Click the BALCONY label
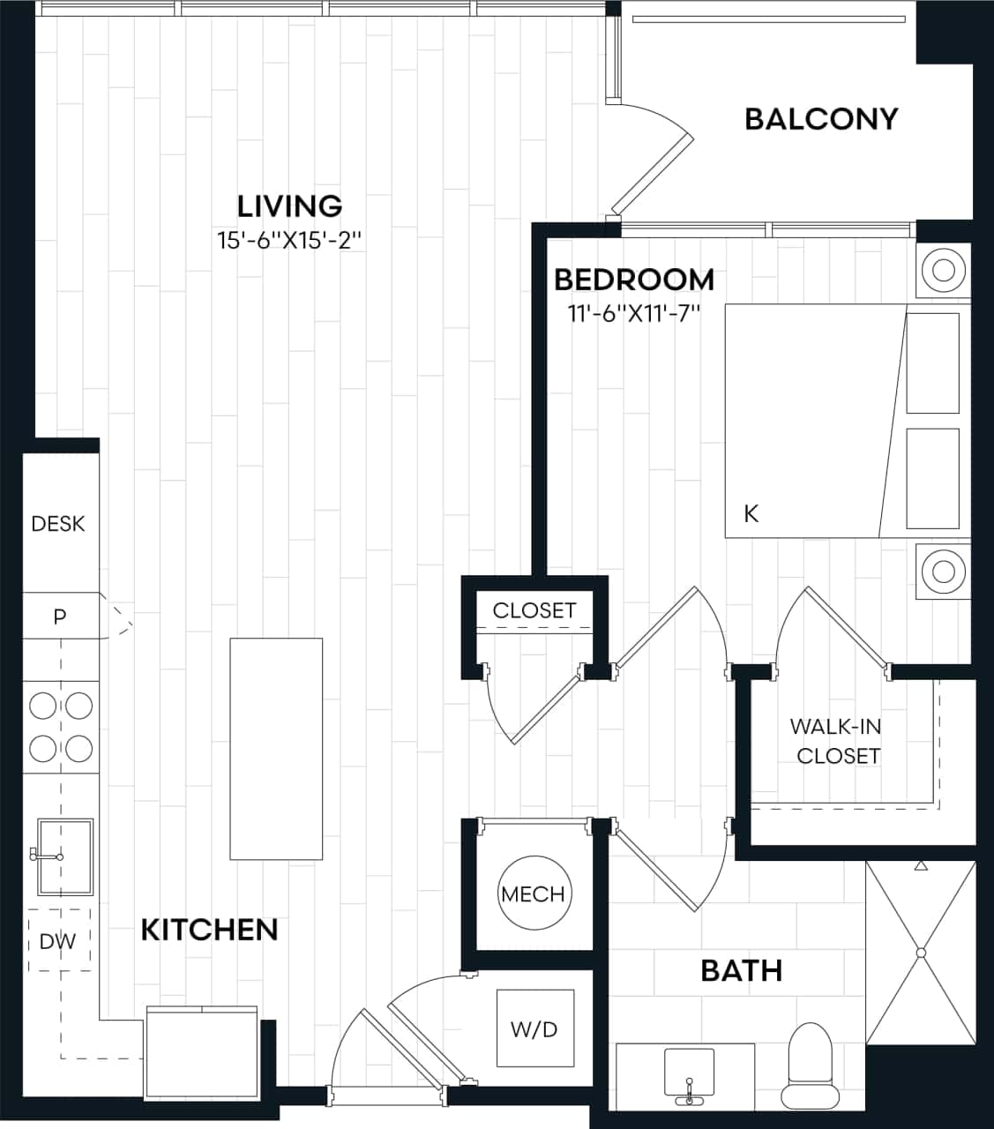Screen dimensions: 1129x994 pos(821,118)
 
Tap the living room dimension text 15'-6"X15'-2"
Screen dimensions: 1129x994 pos(290,240)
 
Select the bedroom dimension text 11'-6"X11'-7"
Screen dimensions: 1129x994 pos(634,313)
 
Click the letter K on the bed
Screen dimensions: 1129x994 pos(751,513)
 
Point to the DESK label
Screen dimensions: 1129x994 pos(58,524)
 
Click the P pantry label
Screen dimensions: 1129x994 pos(59,617)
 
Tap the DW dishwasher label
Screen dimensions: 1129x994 pos(58,941)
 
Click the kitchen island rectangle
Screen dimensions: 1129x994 pos(276,748)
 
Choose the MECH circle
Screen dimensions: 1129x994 pos(533,893)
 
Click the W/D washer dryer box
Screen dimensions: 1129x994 pos(535,1028)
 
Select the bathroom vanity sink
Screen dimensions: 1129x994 pos(690,1075)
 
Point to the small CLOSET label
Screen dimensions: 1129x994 pos(534,610)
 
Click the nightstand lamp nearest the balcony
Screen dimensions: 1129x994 pos(943,269)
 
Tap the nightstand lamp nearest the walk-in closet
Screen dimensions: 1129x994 pos(943,572)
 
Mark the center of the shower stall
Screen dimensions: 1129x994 pos(921,953)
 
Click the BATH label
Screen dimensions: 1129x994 pos(741,970)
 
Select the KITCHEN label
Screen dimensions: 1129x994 pos(210,930)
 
